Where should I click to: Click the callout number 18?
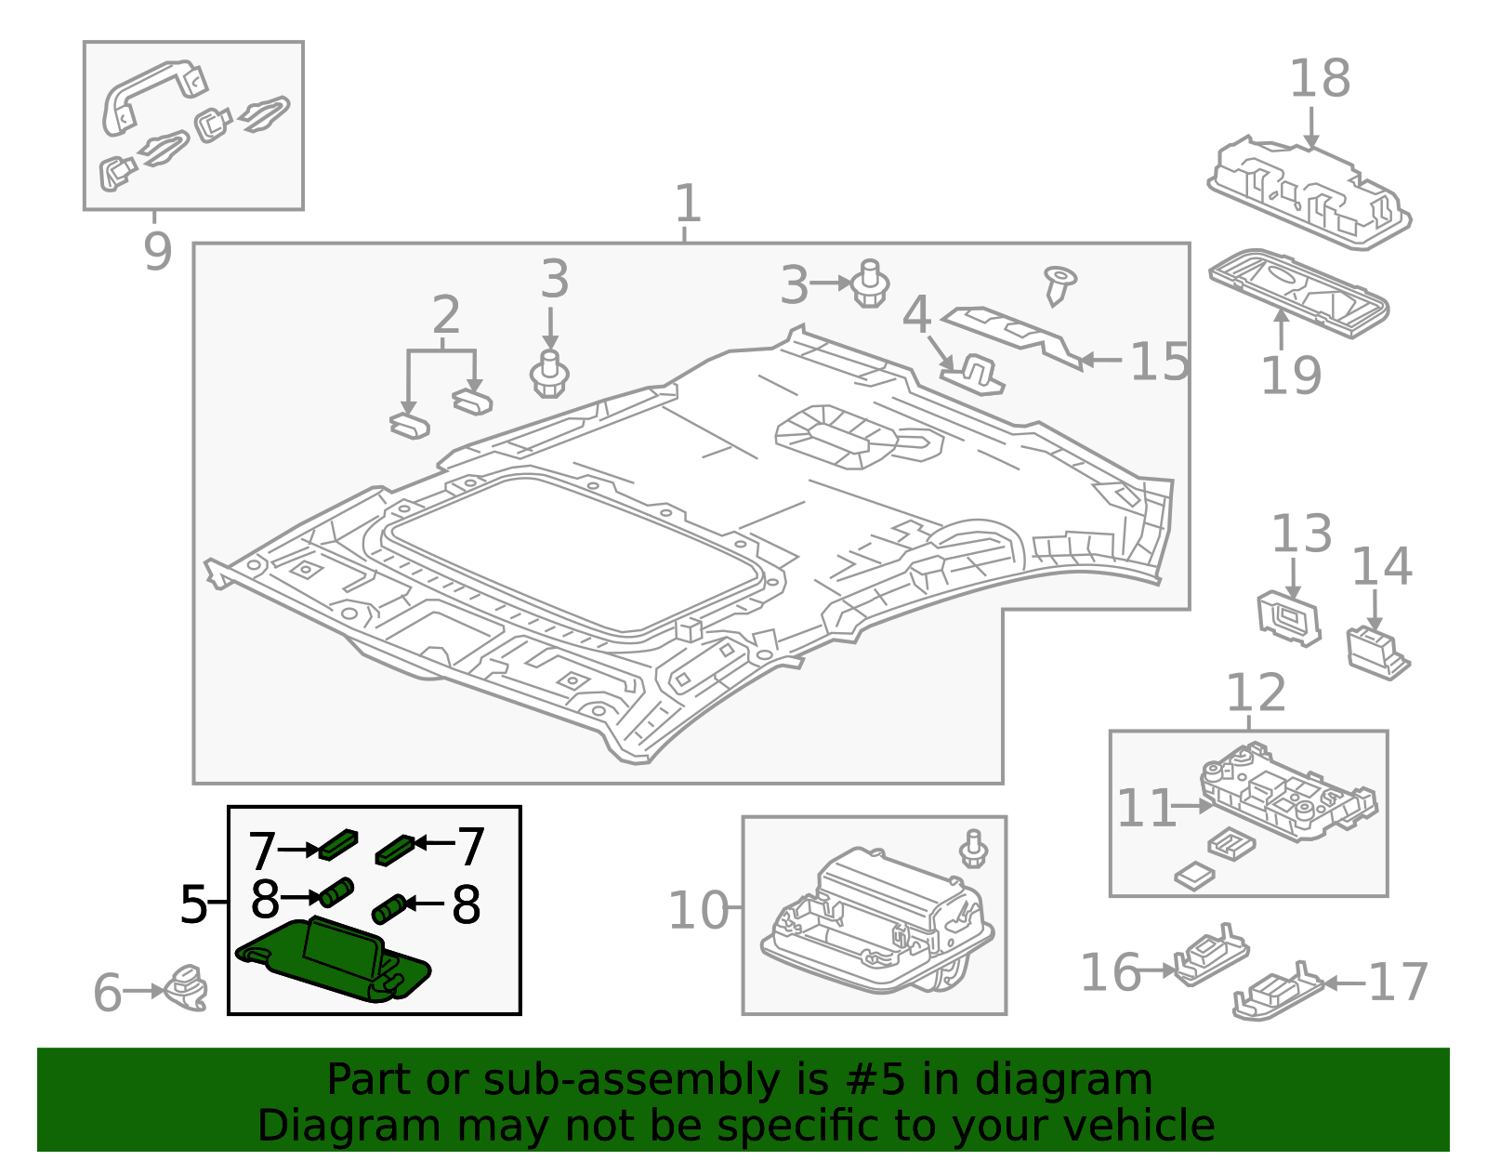pos(1319,79)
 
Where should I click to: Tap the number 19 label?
pos(1290,376)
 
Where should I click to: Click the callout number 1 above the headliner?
pos(687,204)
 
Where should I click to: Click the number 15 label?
pos(1159,362)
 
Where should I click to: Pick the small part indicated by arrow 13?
pos(1288,617)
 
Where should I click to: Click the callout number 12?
pos(1256,693)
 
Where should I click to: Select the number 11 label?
pos(1146,808)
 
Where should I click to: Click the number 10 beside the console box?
pos(698,910)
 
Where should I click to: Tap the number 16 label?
pos(1110,972)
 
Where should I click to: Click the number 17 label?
pos(1398,983)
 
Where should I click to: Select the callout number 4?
pos(916,315)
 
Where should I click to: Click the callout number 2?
pos(446,316)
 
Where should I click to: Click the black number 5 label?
pos(193,904)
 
